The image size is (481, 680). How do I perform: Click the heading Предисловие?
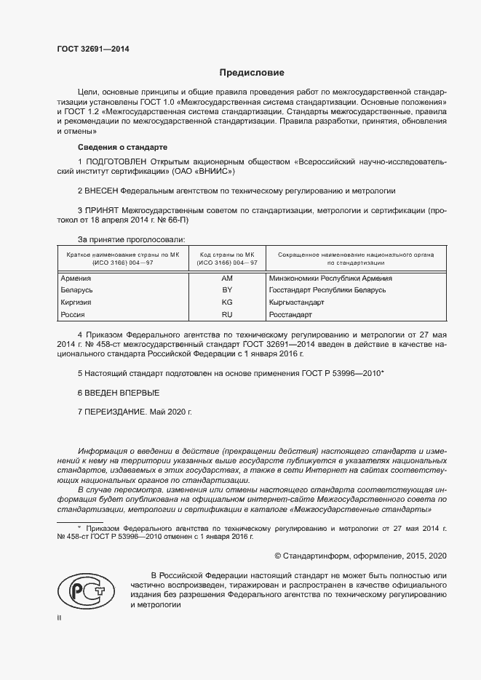252,73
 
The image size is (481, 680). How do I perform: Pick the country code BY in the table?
227,290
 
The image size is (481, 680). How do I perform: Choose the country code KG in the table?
227,302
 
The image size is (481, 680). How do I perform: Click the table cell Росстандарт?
290,314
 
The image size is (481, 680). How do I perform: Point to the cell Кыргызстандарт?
296,302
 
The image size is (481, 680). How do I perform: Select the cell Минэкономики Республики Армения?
330,278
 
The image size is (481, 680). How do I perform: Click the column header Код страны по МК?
227,255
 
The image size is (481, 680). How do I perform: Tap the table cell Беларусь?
76,290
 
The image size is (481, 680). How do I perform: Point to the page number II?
59,617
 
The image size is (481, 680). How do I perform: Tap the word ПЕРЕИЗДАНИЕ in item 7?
116,411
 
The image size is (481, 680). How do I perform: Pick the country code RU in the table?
227,314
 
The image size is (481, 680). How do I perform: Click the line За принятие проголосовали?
131,239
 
